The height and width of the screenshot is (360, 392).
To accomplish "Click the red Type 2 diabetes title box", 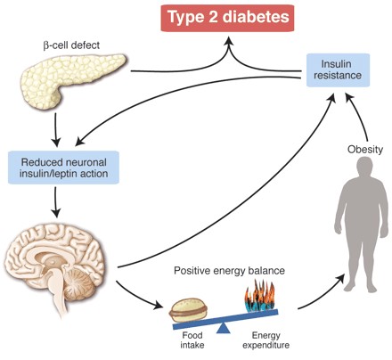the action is pyautogui.click(x=227, y=18).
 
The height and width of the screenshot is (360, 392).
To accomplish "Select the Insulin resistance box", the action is pyautogui.click(x=338, y=70).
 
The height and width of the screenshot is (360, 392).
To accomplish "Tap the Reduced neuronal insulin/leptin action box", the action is pyautogui.click(x=63, y=168).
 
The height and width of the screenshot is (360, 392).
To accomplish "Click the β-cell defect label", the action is pyautogui.click(x=71, y=45).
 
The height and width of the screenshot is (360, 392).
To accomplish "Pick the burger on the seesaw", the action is pyautogui.click(x=189, y=310).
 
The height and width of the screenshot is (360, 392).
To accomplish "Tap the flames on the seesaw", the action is pyautogui.click(x=260, y=297).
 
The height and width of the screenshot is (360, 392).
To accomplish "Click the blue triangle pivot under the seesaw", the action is pyautogui.click(x=224, y=328).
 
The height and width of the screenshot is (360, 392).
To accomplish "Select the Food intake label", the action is pyautogui.click(x=192, y=340).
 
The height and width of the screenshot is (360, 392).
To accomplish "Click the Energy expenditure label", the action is pyautogui.click(x=266, y=340).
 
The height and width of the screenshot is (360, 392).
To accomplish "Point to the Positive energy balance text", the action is pyautogui.click(x=229, y=271).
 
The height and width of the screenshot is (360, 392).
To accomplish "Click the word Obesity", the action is pyautogui.click(x=365, y=149).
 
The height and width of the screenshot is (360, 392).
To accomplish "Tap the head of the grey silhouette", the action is pyautogui.click(x=364, y=167).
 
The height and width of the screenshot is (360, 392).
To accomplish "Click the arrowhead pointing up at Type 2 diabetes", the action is pyautogui.click(x=229, y=43).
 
